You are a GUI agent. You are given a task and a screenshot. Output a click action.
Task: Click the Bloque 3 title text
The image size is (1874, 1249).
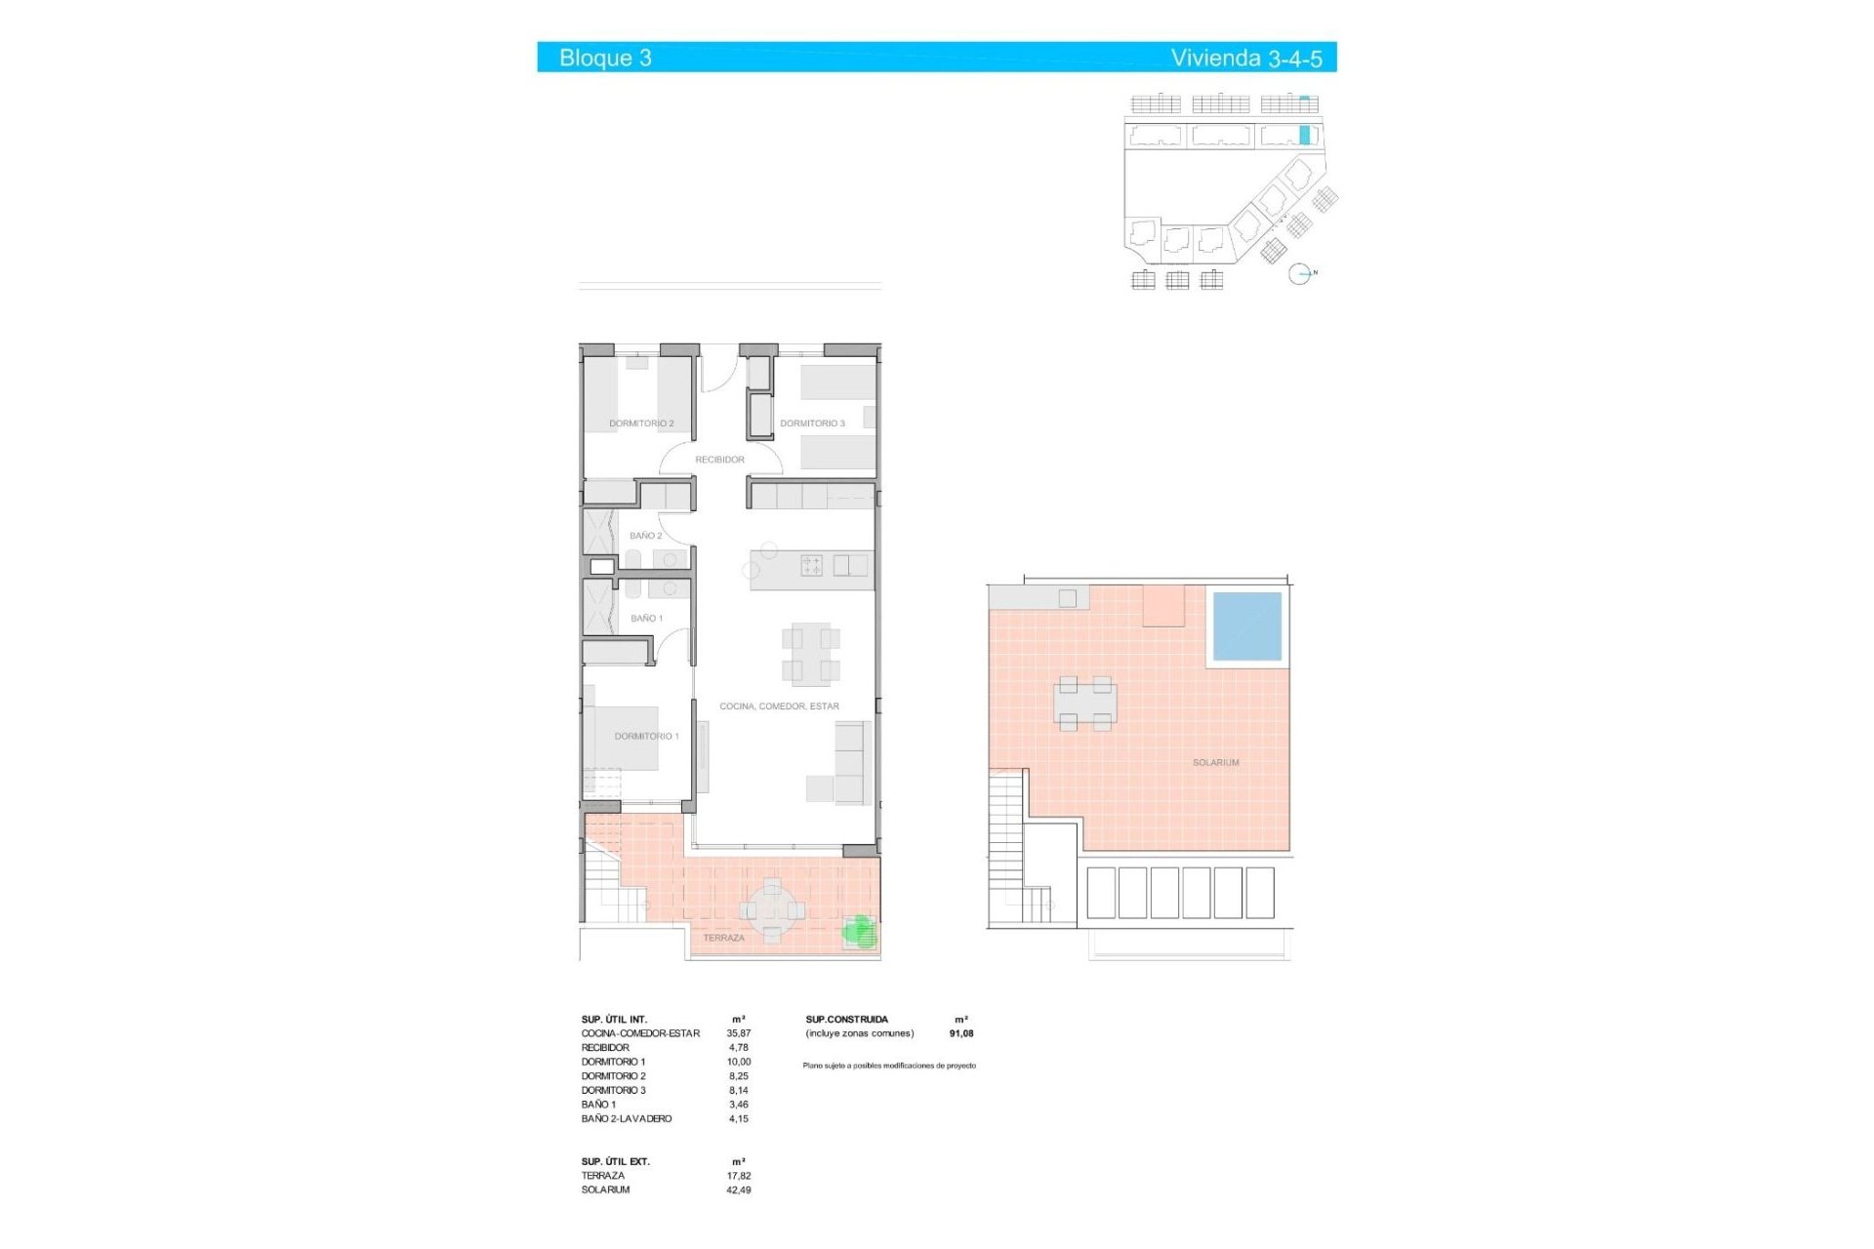pyautogui.click(x=605, y=58)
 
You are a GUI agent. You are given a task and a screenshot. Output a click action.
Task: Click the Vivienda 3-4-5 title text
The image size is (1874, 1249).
pyautogui.click(x=1245, y=59)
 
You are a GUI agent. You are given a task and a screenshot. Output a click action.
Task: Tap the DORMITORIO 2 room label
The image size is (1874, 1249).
pyautogui.click(x=641, y=423)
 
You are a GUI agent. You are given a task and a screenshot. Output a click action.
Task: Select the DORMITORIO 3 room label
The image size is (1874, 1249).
pyautogui.click(x=812, y=423)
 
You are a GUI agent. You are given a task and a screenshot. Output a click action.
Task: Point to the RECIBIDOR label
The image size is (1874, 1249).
pyautogui.click(x=719, y=460)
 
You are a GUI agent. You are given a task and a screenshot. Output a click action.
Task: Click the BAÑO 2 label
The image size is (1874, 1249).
pyautogui.click(x=645, y=536)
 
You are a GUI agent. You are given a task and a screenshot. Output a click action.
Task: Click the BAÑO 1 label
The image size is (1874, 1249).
pyautogui.click(x=646, y=619)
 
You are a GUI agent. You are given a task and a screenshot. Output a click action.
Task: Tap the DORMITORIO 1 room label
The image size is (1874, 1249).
pyautogui.click(x=646, y=737)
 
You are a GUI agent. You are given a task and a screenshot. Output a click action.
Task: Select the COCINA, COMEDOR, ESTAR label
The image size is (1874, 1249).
pyautogui.click(x=779, y=706)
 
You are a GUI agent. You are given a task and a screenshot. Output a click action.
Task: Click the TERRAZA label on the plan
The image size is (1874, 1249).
pyautogui.click(x=723, y=938)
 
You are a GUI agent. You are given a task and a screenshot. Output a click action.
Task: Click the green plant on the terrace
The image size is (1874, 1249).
pyautogui.click(x=860, y=931)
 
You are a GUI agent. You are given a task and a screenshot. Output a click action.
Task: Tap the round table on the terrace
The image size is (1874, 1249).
pyautogui.click(x=772, y=910)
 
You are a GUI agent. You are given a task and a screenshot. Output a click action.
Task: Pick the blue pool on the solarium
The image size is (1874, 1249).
pyautogui.click(x=1246, y=626)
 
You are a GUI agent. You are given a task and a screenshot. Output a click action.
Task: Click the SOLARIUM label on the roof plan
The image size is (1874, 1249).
pyautogui.click(x=1215, y=763)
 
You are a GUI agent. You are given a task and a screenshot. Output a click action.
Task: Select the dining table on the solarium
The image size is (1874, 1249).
pyautogui.click(x=1084, y=703)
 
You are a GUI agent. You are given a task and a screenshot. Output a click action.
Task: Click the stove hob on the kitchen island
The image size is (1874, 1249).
pyautogui.click(x=811, y=565)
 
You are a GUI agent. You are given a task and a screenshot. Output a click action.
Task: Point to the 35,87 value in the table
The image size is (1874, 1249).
pyautogui.click(x=738, y=1033)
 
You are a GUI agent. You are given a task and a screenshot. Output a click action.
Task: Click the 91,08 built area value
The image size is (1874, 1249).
pyautogui.click(x=960, y=1033)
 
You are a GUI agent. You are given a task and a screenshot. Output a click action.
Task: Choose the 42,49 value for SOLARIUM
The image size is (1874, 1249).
pyautogui.click(x=738, y=1190)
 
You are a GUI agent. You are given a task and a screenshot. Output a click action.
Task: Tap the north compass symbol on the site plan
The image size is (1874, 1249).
pyautogui.click(x=1299, y=274)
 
